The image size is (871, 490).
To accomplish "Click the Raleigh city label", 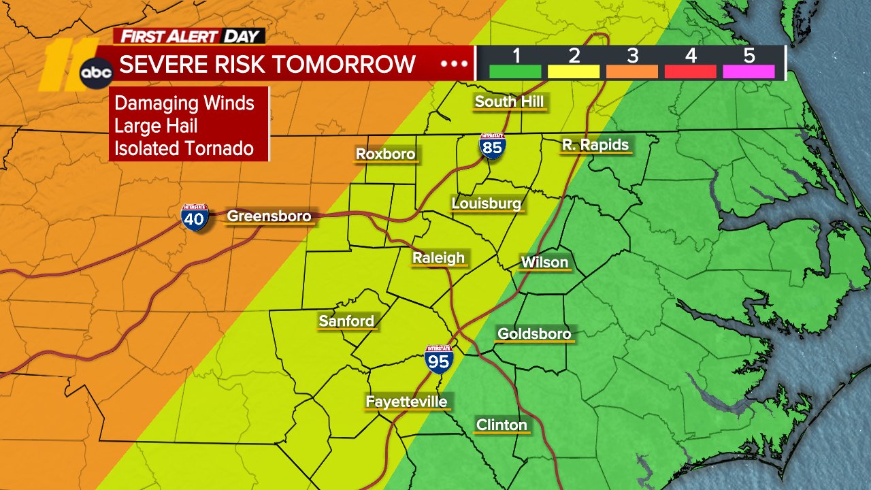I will click(439, 258).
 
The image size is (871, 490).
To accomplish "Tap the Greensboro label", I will click(269, 216).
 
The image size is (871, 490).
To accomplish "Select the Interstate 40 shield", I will click(195, 217).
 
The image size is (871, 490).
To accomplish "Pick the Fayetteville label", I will click(406, 402).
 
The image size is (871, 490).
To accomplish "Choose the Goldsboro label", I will click(534, 333).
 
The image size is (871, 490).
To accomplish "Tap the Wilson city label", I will click(544, 263).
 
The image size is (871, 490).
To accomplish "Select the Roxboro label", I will click(386, 154).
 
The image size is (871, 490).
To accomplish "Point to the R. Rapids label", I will click(595, 144).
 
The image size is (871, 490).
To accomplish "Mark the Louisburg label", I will click(487, 203).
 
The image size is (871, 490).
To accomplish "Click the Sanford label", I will click(346, 321).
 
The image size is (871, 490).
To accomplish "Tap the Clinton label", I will click(502, 425).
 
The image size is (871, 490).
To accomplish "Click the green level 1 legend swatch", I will click(515, 71).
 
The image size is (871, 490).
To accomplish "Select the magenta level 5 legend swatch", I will click(749, 71).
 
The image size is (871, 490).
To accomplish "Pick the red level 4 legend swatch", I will click(691, 71).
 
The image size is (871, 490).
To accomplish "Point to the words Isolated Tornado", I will click(184, 148).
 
